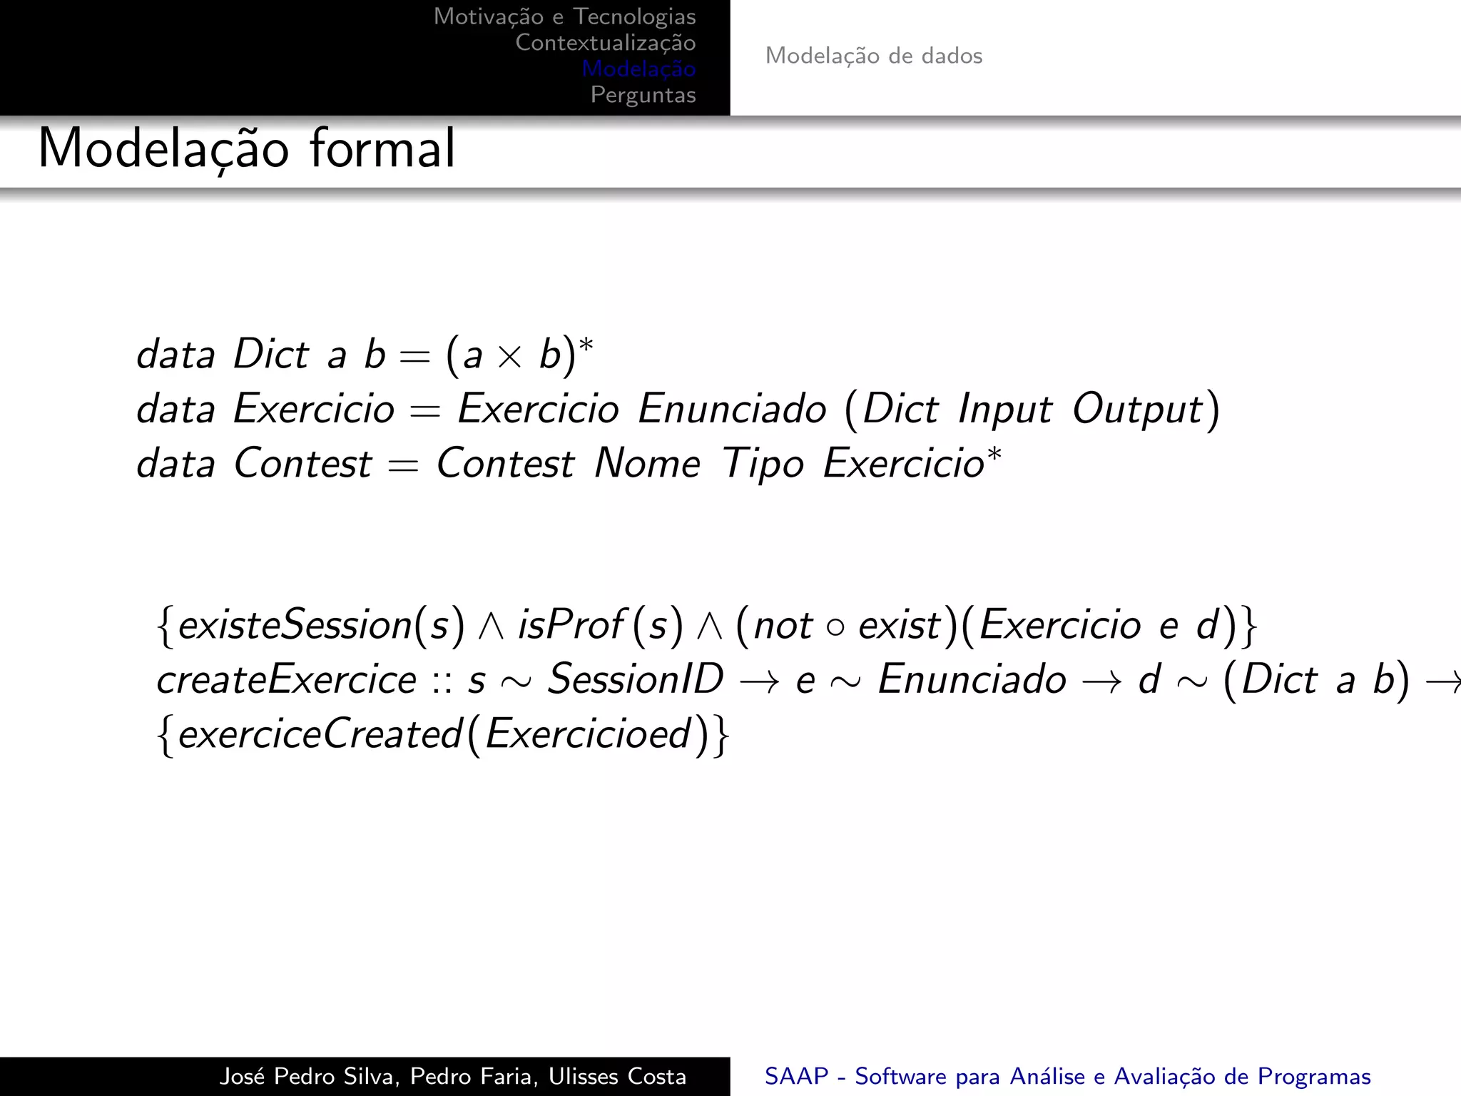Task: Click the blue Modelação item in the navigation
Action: pos(638,69)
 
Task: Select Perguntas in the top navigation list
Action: pos(643,95)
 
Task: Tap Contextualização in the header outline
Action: pos(605,43)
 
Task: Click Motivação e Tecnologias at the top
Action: pos(564,16)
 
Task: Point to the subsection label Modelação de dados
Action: pos(873,56)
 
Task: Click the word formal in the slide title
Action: pos(382,148)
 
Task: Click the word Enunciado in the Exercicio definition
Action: pos(732,409)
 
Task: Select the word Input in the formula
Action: pos(1004,410)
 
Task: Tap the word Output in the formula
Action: pos(1138,410)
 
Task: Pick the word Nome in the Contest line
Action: pos(647,464)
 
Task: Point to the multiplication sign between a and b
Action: pos(509,355)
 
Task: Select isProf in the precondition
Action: pos(571,625)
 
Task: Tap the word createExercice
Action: pos(286,679)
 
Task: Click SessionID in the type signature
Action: pos(635,679)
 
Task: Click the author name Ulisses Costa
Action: pos(617,1076)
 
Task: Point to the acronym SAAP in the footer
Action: pos(796,1076)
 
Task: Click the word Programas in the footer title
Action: pos(1313,1076)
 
